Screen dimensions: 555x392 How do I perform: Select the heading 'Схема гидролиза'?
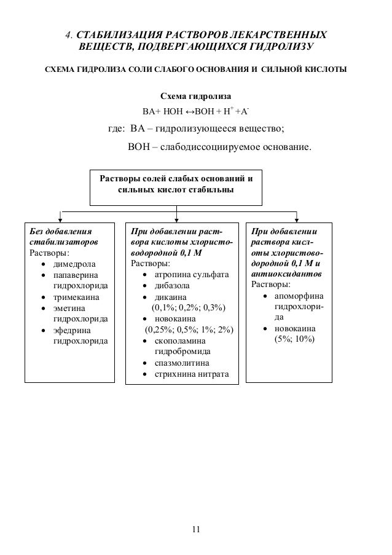tap(195, 97)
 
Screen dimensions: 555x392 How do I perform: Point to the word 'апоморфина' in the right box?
tap(297, 296)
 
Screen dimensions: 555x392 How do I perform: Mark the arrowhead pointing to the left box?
tap(60, 216)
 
